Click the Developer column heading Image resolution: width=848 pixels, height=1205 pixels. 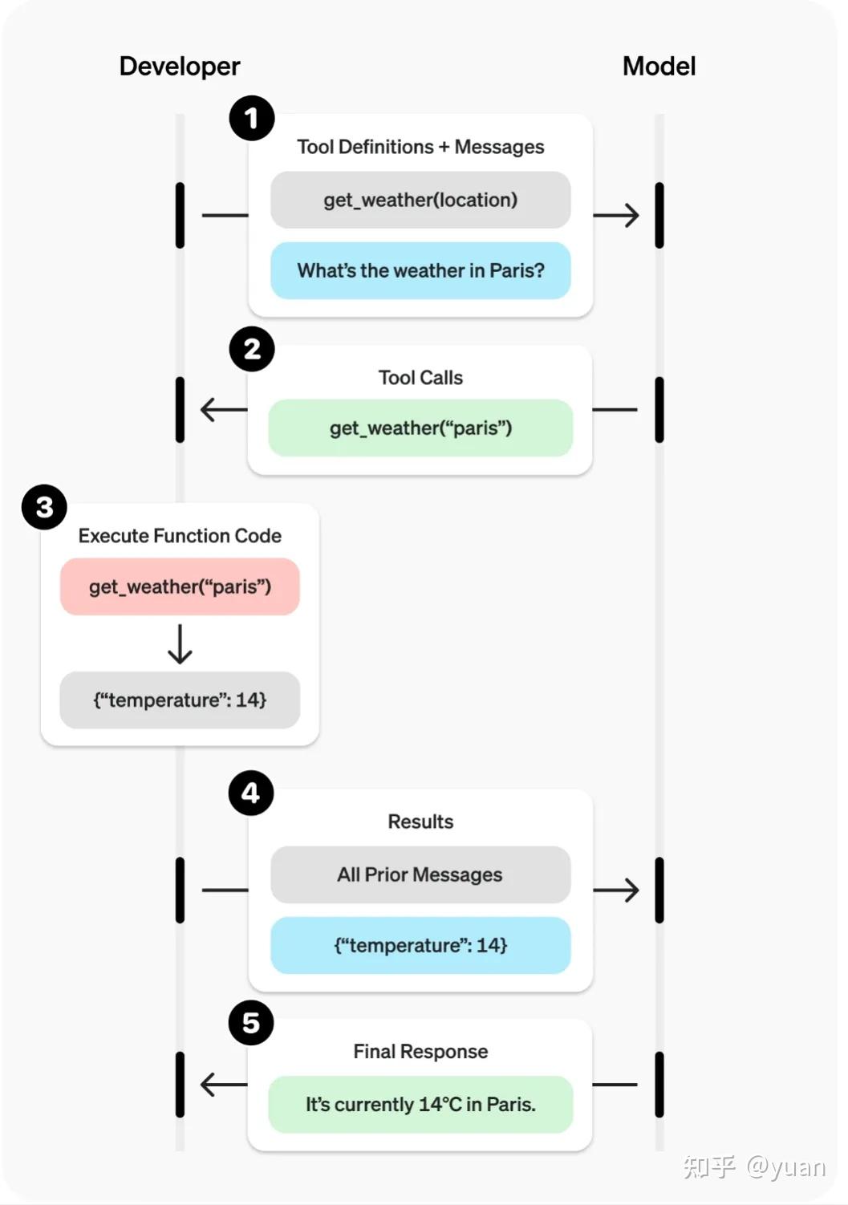(179, 66)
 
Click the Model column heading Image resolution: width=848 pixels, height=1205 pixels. (659, 66)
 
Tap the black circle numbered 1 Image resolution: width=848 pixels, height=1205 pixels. (252, 118)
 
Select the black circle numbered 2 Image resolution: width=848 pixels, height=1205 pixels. (252, 349)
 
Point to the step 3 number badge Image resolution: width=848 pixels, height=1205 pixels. (44, 507)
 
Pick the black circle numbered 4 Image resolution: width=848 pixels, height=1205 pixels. (251, 793)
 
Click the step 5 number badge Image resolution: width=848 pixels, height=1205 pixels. (251, 1023)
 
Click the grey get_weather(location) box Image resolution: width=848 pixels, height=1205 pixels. (420, 200)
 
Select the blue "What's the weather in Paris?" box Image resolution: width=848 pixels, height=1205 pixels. (420, 270)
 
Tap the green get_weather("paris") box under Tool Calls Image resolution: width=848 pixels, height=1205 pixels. (420, 428)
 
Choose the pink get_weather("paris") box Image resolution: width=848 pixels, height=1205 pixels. (180, 587)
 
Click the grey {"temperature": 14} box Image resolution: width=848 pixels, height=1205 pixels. (180, 700)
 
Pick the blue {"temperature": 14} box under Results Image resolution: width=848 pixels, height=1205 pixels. (420, 945)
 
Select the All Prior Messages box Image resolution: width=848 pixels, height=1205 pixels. (420, 874)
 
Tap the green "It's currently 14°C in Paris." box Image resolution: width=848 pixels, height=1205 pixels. (420, 1105)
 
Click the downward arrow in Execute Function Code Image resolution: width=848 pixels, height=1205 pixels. (180, 644)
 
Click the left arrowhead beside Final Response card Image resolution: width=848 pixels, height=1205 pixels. (210, 1085)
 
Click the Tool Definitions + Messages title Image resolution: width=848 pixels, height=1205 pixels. (420, 147)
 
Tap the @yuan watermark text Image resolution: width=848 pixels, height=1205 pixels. (785, 1166)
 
